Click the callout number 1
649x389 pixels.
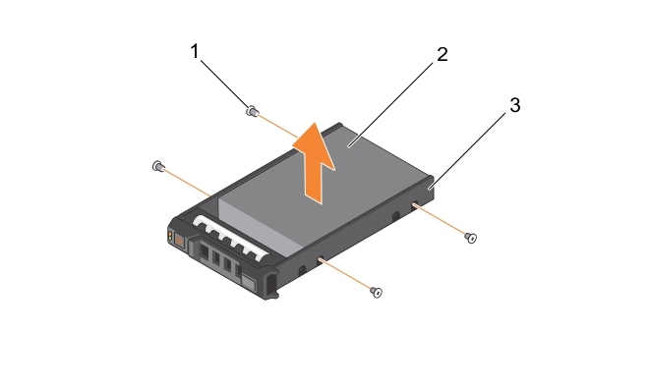pos(195,52)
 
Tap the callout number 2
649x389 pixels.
pos(442,54)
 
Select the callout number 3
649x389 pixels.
pos(514,105)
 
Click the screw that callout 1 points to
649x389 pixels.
pos(252,111)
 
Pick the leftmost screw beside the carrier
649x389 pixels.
pos(158,166)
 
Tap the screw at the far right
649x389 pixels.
pos(471,238)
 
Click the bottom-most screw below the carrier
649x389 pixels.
pos(377,292)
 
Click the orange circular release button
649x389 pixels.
pos(180,241)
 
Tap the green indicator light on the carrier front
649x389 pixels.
pos(170,240)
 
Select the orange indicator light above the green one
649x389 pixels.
pos(170,235)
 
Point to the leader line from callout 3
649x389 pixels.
pos(468,151)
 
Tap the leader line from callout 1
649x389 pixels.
pos(226,83)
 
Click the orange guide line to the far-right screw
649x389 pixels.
pos(440,219)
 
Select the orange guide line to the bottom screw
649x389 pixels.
pos(345,273)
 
